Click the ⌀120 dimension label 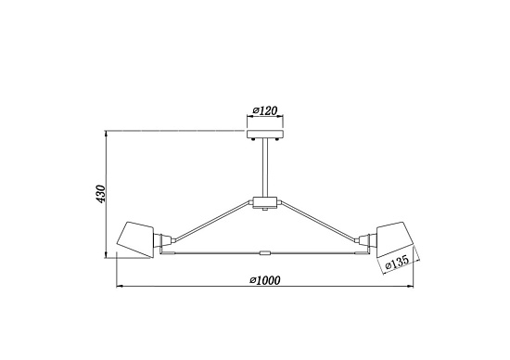pyautogui.click(x=265, y=111)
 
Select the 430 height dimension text pyautogui.click(x=101, y=194)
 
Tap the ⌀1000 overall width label pyautogui.click(x=265, y=280)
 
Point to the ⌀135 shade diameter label pyautogui.click(x=397, y=262)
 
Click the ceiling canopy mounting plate pyautogui.click(x=265, y=134)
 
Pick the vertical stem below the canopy pyautogui.click(x=265, y=168)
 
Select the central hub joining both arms pyautogui.click(x=265, y=202)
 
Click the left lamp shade pyautogui.click(x=135, y=240)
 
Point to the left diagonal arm pyautogui.click(x=212, y=222)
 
